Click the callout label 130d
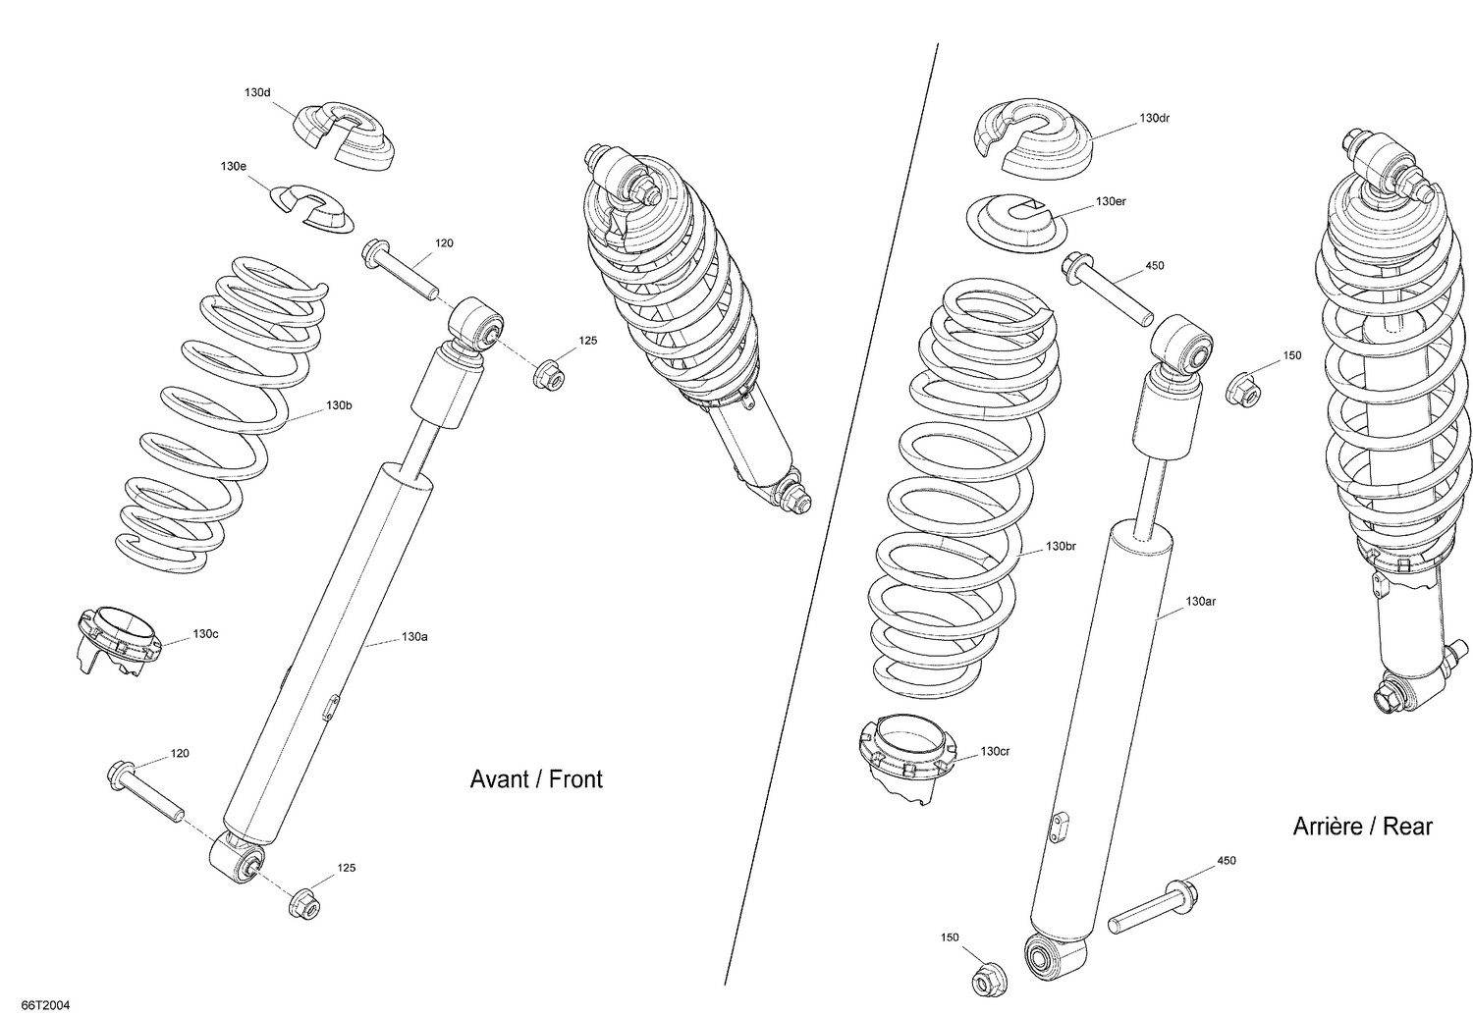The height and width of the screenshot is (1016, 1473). (x=256, y=92)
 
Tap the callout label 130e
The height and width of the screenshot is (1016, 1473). (x=233, y=167)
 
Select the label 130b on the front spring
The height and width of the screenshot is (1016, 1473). (x=339, y=404)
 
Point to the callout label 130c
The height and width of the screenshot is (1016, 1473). (x=205, y=634)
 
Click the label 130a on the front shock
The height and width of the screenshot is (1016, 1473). (x=414, y=637)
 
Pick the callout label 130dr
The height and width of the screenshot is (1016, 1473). (x=1154, y=118)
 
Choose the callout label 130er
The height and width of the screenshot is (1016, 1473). (x=1111, y=201)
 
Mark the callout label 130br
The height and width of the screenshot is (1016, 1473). (x=1061, y=546)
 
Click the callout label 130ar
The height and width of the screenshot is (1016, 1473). (x=1200, y=601)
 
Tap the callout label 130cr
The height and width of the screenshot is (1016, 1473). (x=995, y=752)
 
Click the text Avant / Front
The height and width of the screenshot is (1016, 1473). (x=536, y=779)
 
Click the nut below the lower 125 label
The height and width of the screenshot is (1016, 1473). (x=304, y=904)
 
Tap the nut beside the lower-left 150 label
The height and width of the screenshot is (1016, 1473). (x=984, y=980)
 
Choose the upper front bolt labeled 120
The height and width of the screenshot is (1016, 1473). (x=401, y=265)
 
